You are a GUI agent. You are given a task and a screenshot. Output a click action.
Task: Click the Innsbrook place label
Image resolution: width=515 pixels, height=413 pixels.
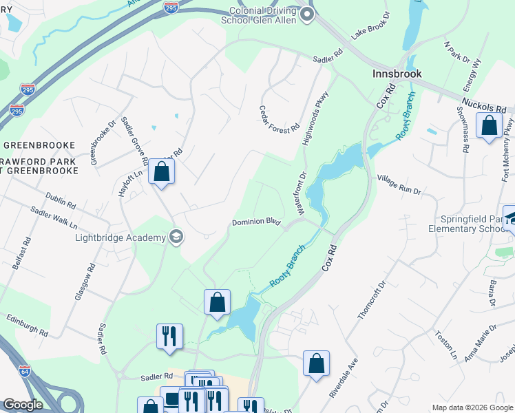[x=397, y=73]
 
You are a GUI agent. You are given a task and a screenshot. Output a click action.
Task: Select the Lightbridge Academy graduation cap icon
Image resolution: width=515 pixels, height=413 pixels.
[x=177, y=237]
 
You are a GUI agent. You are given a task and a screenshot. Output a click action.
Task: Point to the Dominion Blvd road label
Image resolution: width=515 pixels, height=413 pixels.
[x=255, y=222]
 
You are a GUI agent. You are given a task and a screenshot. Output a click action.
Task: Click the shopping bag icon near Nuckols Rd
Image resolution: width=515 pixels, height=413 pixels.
[x=489, y=126]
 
